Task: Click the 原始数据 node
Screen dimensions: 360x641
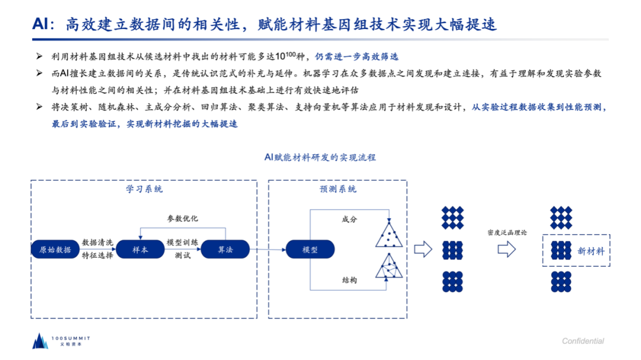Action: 55,250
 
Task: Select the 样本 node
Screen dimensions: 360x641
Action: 140,250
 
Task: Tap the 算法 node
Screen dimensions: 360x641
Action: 225,250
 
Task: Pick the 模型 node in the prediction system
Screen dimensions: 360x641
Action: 310,250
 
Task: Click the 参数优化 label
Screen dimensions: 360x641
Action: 182,218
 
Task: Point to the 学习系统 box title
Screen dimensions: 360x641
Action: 144,189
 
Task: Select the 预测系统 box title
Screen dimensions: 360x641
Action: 338,189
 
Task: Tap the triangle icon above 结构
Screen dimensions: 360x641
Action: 389,266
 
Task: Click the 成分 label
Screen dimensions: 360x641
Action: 350,219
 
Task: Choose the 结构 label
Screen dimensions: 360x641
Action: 350,280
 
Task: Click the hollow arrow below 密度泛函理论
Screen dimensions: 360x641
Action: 506,250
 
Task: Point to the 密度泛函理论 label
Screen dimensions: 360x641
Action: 507,232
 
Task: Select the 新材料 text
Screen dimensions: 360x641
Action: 591,251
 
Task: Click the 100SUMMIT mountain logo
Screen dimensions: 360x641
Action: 40,340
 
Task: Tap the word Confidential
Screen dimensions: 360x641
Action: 583,341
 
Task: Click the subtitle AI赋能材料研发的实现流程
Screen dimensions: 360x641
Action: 320,157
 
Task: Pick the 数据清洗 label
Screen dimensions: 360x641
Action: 97,243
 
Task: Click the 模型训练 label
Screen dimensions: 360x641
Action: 182,243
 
